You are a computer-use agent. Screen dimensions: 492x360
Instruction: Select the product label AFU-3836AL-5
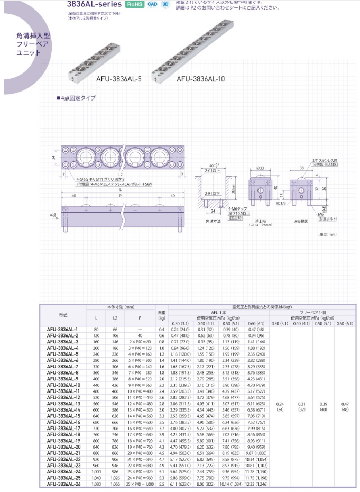point(119,80)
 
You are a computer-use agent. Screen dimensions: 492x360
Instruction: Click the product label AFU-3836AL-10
point(201,80)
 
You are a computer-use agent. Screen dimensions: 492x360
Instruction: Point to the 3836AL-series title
point(96,4)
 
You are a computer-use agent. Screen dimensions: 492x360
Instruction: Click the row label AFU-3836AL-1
point(62,329)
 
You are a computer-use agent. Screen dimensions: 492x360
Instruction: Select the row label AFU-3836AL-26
point(62,483)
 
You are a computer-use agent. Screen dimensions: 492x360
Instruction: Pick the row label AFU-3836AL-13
point(62,403)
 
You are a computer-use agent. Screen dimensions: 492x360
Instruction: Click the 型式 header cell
point(62,315)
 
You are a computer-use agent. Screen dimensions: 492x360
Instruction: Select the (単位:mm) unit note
point(327,234)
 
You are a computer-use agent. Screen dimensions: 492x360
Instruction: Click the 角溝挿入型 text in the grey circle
point(33,36)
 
